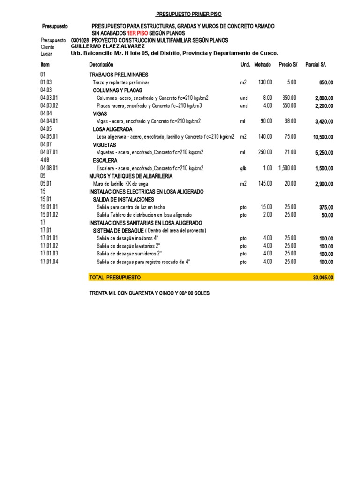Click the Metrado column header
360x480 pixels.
coord(262,64)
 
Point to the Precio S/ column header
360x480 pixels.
coord(288,64)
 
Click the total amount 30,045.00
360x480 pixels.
coord(323,277)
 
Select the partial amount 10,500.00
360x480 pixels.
coord(323,137)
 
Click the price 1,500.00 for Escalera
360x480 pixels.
coord(287,168)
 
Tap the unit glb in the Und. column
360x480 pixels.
coord(243,168)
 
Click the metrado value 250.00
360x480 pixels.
coord(265,152)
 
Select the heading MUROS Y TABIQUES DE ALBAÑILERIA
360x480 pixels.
coord(131,176)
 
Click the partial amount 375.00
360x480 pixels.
coord(326,207)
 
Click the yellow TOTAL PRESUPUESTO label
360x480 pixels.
coord(115,277)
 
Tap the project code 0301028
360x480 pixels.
coord(80,41)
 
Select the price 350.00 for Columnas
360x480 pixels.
coord(289,98)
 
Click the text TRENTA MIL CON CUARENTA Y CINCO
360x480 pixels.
coord(150,293)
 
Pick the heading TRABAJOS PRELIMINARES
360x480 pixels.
coord(119,75)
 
